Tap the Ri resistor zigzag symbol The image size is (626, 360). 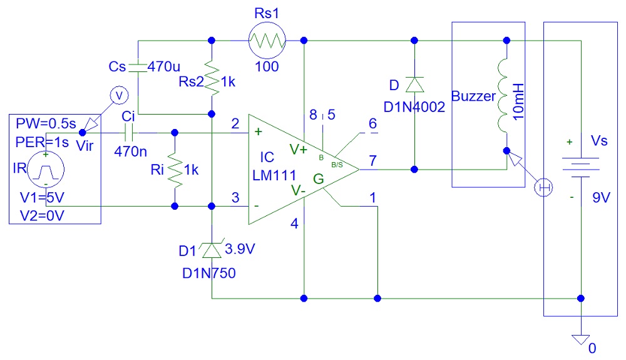[x=174, y=168]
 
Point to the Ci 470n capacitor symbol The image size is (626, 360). [x=128, y=133]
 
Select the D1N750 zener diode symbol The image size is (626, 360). [x=212, y=251]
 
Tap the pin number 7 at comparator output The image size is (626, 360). [x=372, y=160]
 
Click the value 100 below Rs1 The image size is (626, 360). [x=267, y=66]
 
